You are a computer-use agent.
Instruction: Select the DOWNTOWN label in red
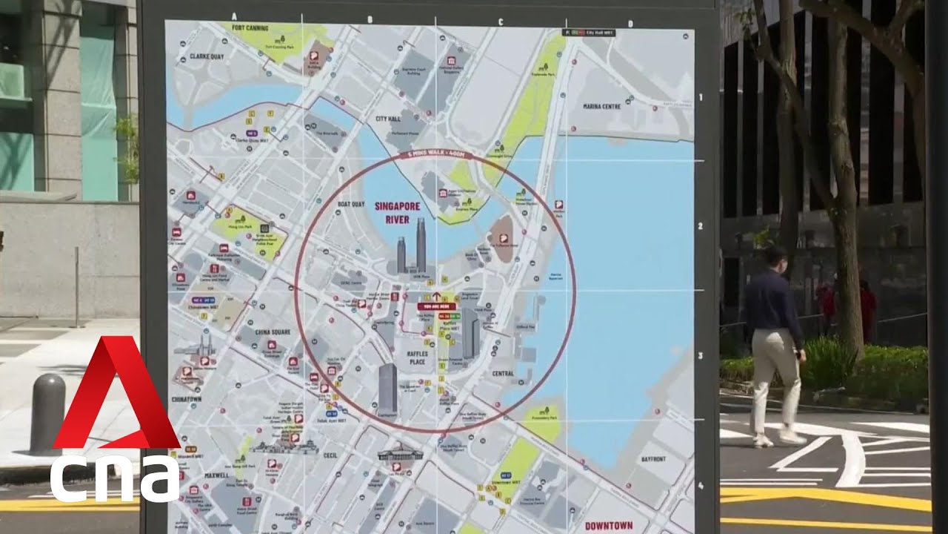(609, 526)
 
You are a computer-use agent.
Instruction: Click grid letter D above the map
(630, 24)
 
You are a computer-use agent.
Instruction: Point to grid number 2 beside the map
(701, 226)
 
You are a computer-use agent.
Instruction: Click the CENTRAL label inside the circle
(503, 374)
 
